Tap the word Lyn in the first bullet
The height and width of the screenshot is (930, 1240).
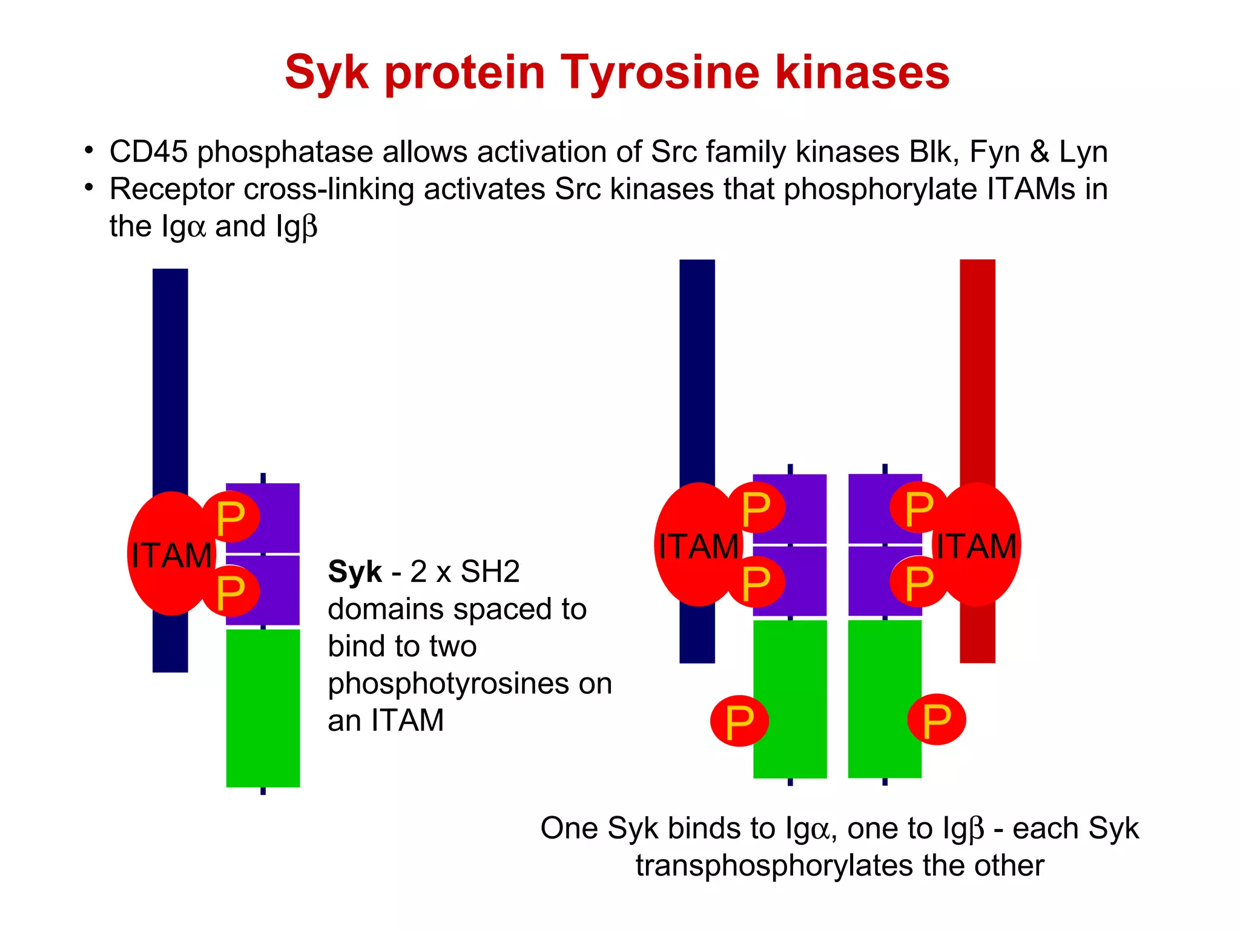(x=1083, y=151)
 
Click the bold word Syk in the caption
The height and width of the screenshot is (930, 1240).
(x=355, y=572)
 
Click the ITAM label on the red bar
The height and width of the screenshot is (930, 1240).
(x=976, y=546)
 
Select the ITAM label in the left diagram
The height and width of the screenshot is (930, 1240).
(x=171, y=555)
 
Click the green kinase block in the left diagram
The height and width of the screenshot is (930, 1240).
(x=263, y=708)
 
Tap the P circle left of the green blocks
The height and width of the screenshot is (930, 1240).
(x=739, y=721)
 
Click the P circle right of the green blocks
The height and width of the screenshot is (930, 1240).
(x=937, y=719)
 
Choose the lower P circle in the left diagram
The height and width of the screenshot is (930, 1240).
(x=231, y=592)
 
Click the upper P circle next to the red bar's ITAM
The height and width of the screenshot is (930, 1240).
(x=918, y=507)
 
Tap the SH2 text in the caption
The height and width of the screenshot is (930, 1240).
(x=490, y=572)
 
